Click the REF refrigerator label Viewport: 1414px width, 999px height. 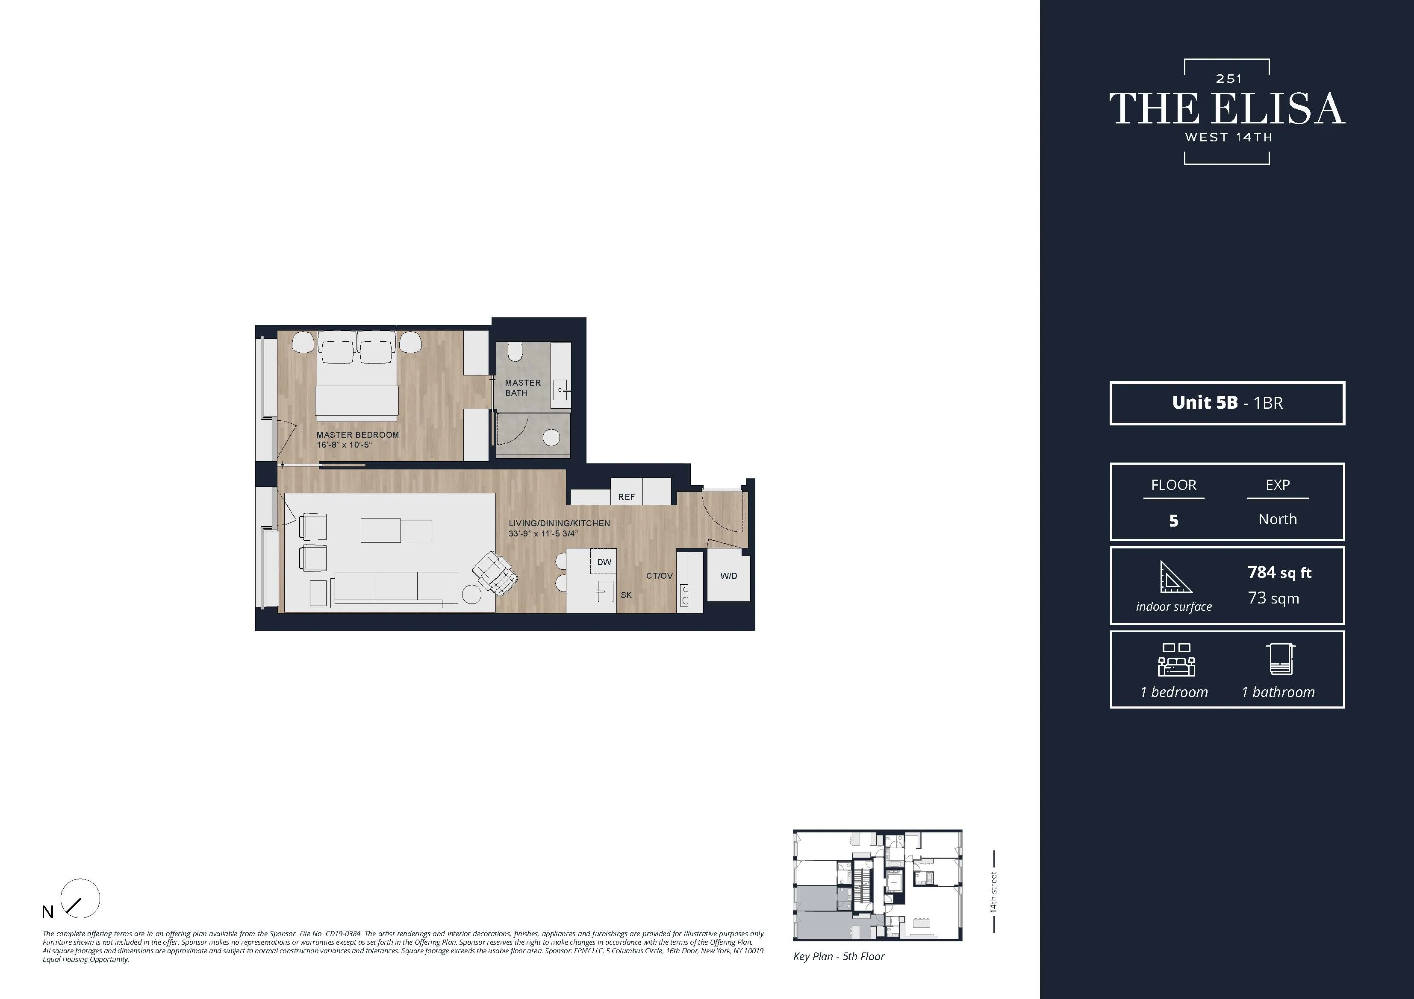click(626, 497)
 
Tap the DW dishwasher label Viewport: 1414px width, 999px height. click(604, 562)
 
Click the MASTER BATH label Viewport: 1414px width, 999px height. click(522, 388)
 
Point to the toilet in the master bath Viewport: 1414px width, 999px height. click(515, 353)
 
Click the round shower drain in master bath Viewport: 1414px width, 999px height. click(551, 438)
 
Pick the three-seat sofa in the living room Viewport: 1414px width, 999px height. click(395, 588)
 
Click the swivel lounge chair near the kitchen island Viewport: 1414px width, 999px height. click(496, 573)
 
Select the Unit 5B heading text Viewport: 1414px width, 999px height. click(1205, 403)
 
